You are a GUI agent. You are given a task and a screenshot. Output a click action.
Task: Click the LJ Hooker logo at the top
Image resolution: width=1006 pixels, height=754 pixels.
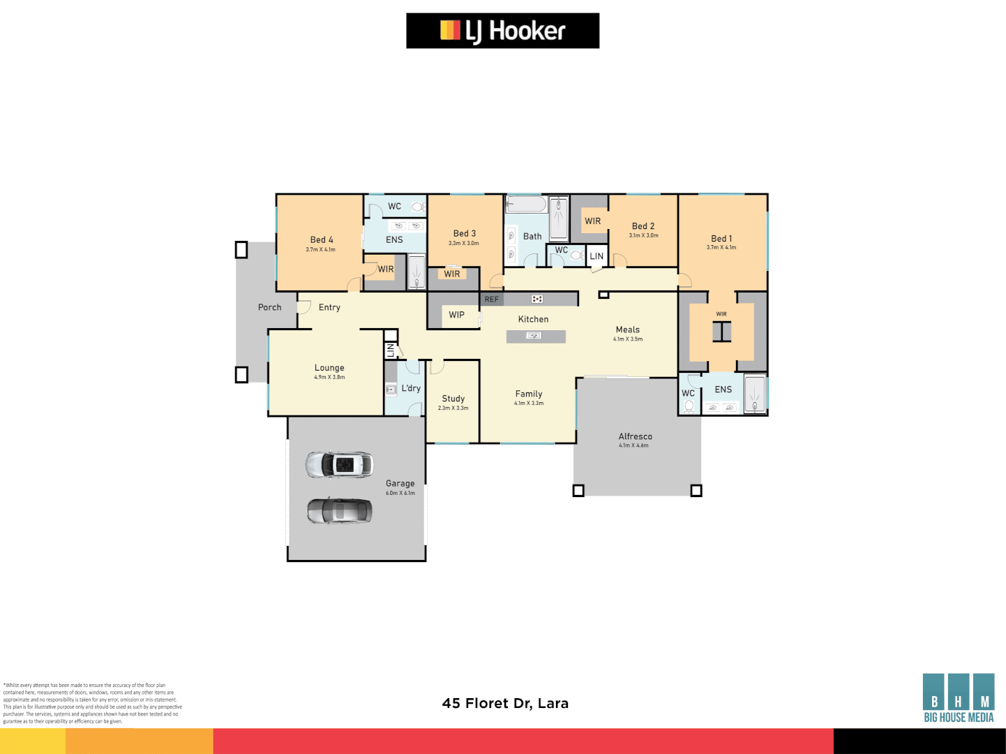tap(502, 31)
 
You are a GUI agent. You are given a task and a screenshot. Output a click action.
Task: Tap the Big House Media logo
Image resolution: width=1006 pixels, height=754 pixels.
tap(958, 698)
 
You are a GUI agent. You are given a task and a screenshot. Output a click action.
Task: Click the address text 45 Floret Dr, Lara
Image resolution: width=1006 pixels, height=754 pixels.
tap(505, 703)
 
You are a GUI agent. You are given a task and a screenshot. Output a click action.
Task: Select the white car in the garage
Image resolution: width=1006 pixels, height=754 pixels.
tap(340, 465)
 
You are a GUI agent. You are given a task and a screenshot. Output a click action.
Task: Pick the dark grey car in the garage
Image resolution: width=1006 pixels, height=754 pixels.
tap(340, 511)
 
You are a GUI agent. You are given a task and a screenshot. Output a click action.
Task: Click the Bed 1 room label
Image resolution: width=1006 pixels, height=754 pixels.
tap(721, 239)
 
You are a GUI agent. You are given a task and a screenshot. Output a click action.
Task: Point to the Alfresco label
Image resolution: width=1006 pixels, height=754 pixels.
tap(635, 436)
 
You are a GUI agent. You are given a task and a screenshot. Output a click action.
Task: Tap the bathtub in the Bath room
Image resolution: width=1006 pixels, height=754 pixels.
tap(526, 205)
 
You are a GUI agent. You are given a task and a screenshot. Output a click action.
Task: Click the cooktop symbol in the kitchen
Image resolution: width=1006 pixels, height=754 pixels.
tap(536, 299)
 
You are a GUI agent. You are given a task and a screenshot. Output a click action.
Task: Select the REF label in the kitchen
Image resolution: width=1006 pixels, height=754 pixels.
tap(492, 300)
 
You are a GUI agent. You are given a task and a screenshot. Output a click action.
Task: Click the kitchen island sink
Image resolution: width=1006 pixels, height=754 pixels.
tap(534, 336)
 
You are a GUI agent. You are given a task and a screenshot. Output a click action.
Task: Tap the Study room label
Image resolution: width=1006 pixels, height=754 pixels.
tap(453, 399)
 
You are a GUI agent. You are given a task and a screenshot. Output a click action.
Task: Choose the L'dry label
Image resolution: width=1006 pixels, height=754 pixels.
tap(411, 388)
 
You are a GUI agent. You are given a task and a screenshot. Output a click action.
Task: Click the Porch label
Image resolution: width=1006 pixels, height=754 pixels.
tap(269, 307)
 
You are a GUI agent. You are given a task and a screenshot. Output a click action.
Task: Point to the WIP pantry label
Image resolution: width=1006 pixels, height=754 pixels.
tap(456, 315)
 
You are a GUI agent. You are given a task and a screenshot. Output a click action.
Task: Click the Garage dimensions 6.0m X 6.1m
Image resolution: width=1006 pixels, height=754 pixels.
tap(400, 494)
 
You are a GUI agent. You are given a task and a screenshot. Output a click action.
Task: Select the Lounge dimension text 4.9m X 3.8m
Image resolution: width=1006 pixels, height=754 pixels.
tap(329, 378)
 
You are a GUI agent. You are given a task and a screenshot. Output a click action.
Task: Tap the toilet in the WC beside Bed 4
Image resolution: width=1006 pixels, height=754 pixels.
tap(417, 207)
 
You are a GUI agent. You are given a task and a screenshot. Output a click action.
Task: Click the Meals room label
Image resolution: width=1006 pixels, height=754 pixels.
tap(627, 330)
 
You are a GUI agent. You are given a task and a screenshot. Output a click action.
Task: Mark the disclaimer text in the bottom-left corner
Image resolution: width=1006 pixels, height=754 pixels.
tap(92, 703)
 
